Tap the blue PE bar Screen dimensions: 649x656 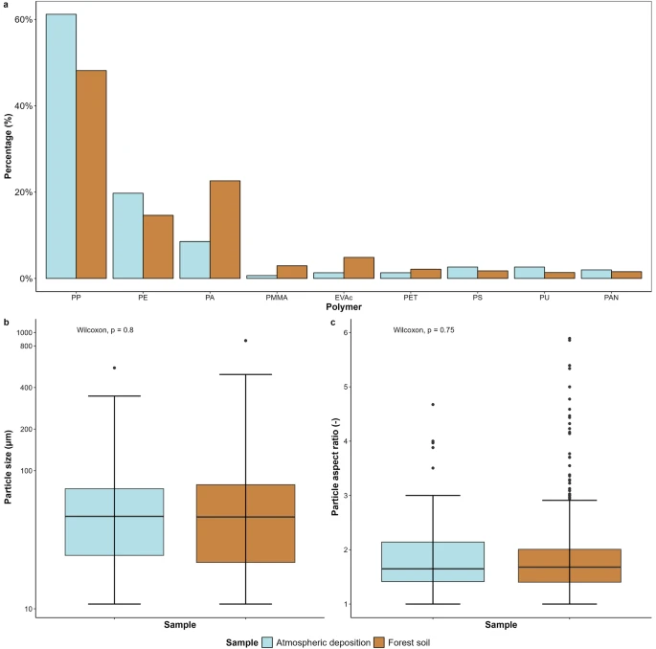point(128,235)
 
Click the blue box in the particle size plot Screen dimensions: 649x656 point(114,522)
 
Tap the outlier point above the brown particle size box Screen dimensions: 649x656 point(245,341)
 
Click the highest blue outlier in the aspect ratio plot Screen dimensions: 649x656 point(433,405)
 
